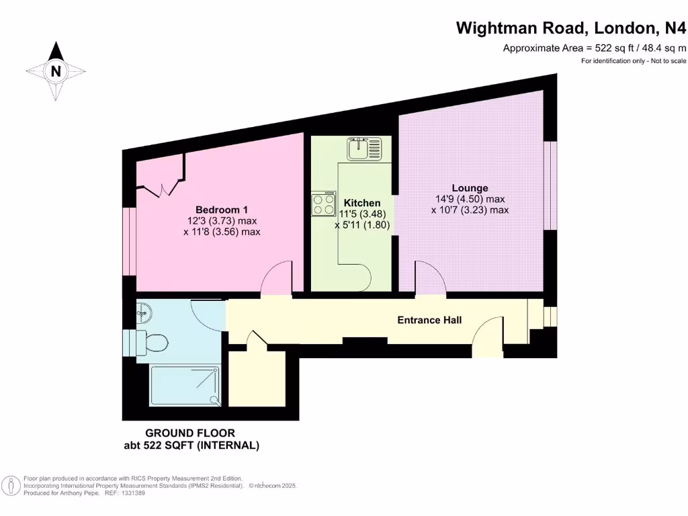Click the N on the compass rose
56,71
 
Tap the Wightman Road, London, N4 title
572,28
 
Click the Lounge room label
470,188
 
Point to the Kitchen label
362,203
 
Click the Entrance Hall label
429,320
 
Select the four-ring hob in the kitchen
323,204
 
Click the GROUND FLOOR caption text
190,433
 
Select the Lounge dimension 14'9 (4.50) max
470,199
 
